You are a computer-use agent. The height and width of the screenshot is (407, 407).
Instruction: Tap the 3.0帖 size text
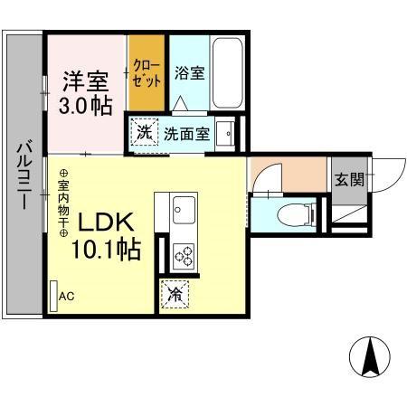tap(87, 105)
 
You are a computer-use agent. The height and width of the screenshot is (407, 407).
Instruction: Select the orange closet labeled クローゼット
tap(146, 70)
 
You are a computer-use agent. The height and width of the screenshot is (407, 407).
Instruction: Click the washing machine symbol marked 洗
tap(145, 133)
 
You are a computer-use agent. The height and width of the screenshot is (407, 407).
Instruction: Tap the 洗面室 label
tap(187, 134)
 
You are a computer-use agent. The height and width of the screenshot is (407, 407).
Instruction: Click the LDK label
tap(107, 222)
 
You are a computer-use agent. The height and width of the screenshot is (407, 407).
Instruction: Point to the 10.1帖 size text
tap(109, 249)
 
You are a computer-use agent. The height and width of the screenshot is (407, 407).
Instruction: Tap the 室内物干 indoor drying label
tap(64, 203)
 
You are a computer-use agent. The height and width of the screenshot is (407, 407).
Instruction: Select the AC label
tap(67, 296)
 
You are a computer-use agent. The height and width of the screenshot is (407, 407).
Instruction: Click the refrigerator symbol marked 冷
tap(175, 293)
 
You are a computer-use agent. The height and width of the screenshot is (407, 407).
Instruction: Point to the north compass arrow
tap(370, 357)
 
